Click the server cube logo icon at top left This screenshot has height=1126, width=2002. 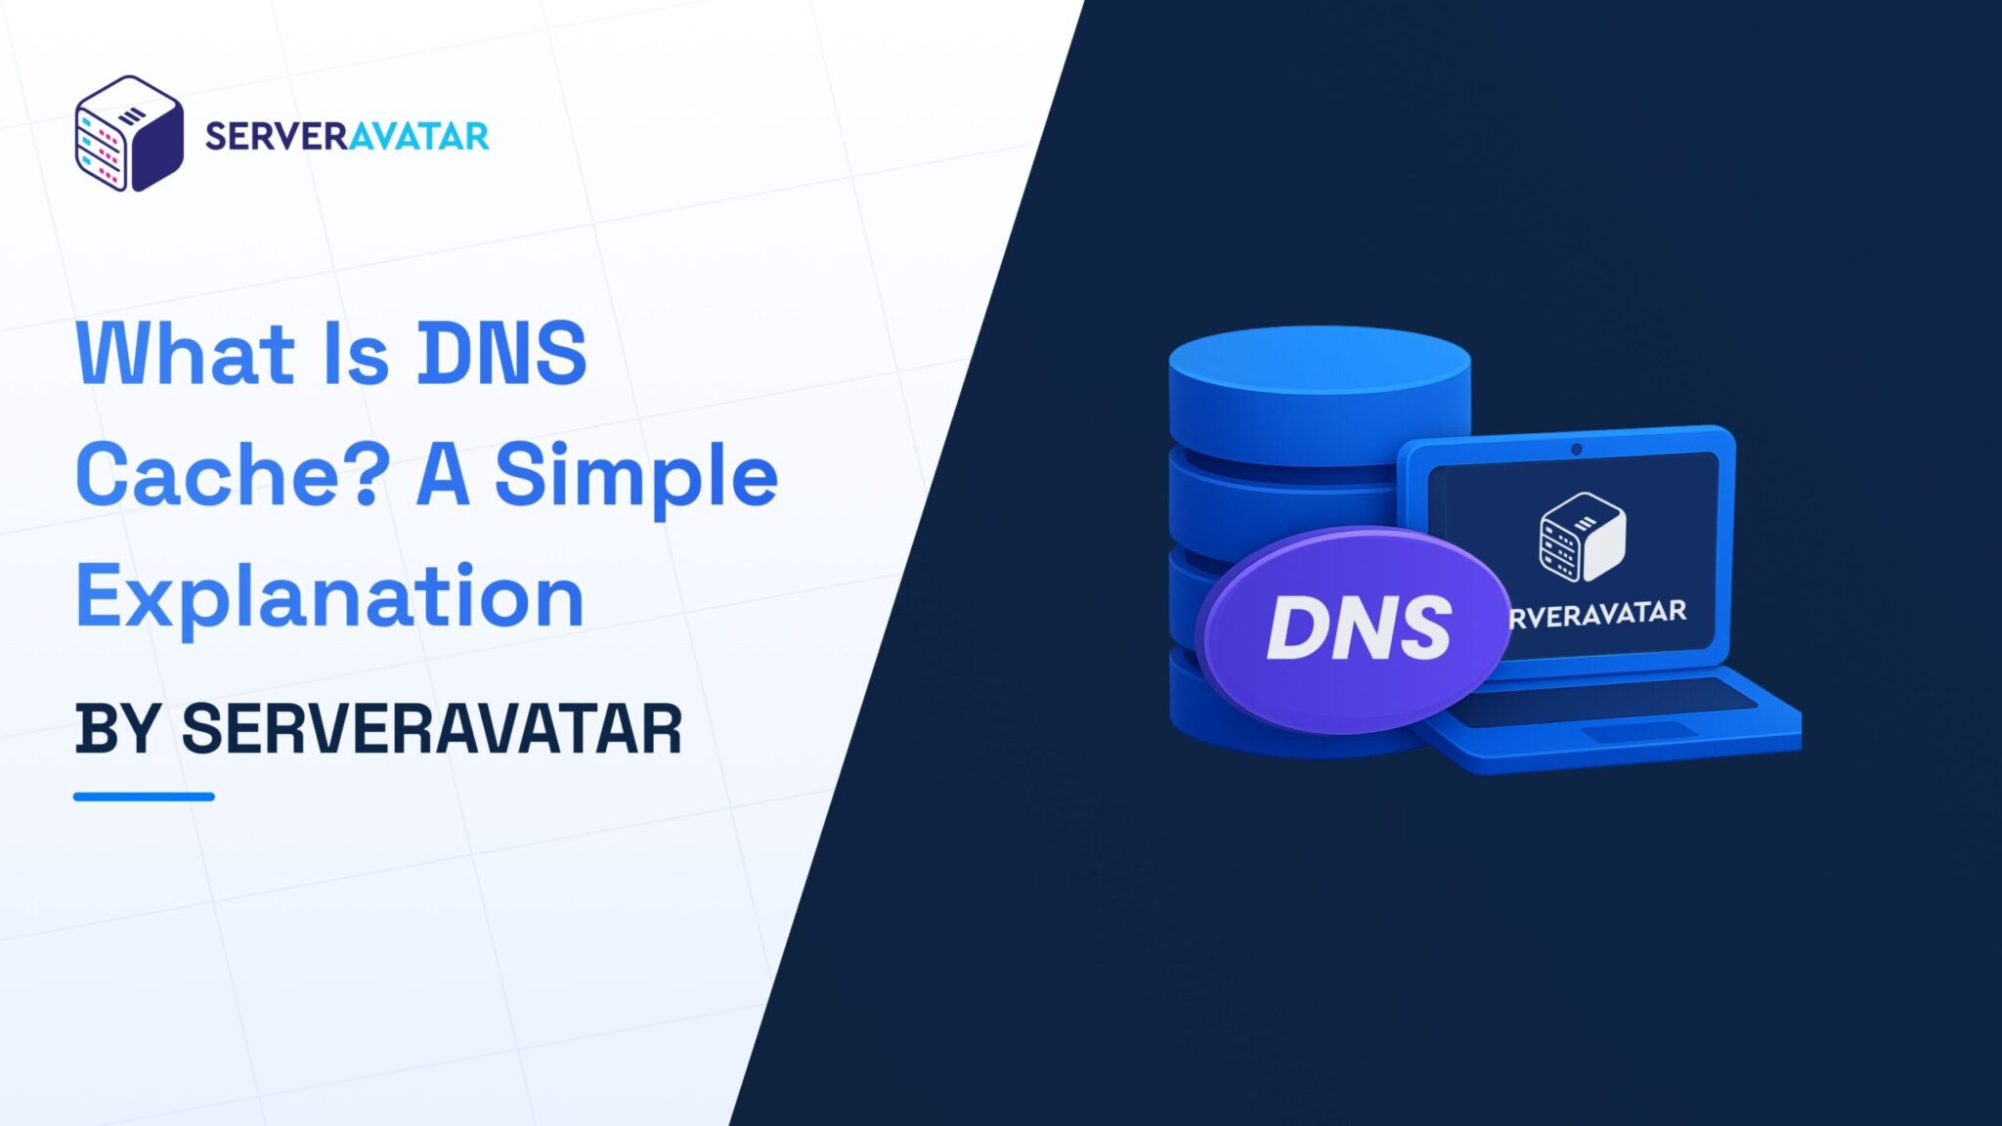[129, 134]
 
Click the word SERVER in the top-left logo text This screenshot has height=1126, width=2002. [277, 136]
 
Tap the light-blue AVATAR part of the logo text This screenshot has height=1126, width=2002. [418, 136]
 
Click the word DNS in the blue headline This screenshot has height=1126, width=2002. [501, 353]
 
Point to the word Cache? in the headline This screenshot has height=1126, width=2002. [233, 475]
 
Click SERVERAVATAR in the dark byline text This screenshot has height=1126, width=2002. [431, 729]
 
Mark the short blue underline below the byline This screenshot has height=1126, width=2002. [144, 797]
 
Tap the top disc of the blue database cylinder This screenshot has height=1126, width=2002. [1320, 367]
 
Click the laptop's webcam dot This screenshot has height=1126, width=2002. [1576, 450]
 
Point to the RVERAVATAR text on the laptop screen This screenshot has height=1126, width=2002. [1598, 614]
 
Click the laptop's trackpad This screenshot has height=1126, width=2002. [1637, 731]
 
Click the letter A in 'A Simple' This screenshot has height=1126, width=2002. [442, 475]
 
